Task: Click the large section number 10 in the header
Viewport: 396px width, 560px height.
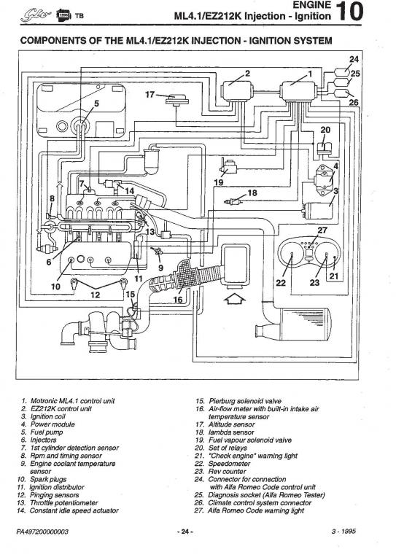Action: pos(349,12)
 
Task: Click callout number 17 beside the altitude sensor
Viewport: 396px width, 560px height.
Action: pos(150,95)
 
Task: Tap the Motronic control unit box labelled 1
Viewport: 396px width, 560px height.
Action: pos(298,90)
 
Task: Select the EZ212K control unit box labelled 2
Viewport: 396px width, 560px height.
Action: pos(236,90)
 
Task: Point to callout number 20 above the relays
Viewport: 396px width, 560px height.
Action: pos(325,130)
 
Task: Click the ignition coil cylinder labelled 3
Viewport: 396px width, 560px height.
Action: pos(318,210)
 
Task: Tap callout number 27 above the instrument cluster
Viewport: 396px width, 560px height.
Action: pos(322,230)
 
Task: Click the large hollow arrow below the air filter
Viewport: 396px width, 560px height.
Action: pos(233,298)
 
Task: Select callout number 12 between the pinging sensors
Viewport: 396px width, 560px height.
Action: pos(96,295)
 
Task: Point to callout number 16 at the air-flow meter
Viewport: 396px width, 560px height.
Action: pos(177,299)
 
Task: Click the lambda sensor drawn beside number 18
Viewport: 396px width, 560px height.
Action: pos(233,202)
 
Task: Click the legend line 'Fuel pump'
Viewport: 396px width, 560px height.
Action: pos(47,432)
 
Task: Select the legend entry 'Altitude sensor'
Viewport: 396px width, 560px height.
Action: pos(231,424)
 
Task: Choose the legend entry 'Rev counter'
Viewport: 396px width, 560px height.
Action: pos(227,472)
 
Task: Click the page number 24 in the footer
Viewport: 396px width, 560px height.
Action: pos(185,532)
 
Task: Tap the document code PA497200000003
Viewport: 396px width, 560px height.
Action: pos(42,532)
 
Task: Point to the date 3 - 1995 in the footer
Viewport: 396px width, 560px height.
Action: pos(343,531)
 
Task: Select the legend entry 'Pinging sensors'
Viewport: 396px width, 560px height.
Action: pos(54,495)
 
